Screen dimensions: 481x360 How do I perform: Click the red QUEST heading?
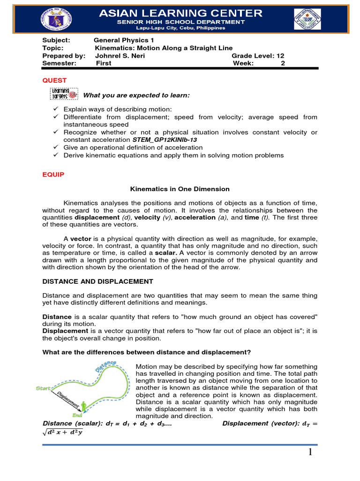pyautogui.click(x=54, y=80)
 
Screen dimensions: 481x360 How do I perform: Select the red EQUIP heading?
pyautogui.click(x=53, y=174)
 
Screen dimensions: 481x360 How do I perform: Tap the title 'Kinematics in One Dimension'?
pyautogui.click(x=180, y=189)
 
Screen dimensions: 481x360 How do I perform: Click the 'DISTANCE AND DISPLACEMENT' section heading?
pyautogui.click(x=97, y=281)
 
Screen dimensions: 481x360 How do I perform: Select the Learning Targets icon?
pyautogui.click(x=63, y=94)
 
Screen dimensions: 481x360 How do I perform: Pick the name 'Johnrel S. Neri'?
pyautogui.click(x=120, y=55)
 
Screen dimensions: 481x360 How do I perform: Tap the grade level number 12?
pyautogui.click(x=280, y=55)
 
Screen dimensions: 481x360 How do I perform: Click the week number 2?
pyautogui.click(x=283, y=63)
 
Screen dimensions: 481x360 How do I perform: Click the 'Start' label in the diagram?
pyautogui.click(x=44, y=388)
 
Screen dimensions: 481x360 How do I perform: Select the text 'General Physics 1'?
pyautogui.click(x=124, y=40)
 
